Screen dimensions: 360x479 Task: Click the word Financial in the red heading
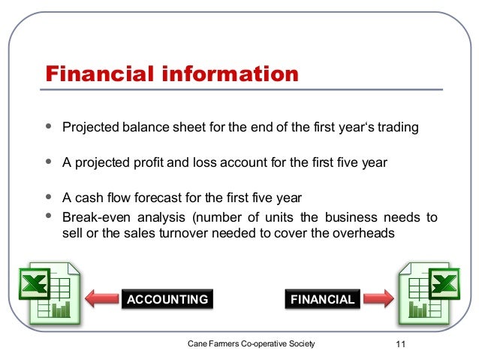coord(98,74)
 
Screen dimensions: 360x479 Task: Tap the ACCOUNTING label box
coord(167,299)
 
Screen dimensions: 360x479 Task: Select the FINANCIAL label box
coord(322,299)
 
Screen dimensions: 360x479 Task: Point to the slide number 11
coord(399,344)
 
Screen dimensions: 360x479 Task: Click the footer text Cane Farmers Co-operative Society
coord(252,343)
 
